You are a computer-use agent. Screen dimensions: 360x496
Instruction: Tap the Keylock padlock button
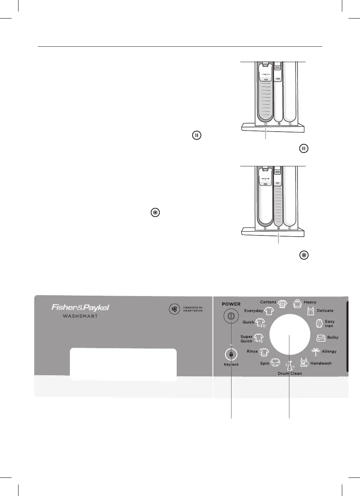pyautogui.click(x=230, y=354)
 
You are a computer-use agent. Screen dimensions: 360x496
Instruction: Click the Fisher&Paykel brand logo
pyautogui.click(x=81, y=308)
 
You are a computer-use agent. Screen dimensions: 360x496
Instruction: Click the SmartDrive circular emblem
pyautogui.click(x=175, y=309)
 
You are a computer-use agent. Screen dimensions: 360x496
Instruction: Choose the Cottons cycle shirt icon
pyautogui.click(x=283, y=303)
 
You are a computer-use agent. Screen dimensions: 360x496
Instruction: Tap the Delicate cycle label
pyautogui.click(x=325, y=310)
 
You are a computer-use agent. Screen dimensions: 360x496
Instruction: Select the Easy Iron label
pyautogui.click(x=330, y=323)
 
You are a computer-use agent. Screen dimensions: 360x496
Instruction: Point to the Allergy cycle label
pyautogui.click(x=329, y=351)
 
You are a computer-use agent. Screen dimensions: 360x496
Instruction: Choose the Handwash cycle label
pyautogui.click(x=321, y=363)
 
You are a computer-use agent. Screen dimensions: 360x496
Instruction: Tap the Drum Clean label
pyautogui.click(x=290, y=374)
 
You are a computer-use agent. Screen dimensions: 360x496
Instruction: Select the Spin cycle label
pyautogui.click(x=264, y=363)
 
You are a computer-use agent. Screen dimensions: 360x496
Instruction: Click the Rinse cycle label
pyautogui.click(x=252, y=351)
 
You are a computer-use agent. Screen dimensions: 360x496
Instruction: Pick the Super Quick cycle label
pyautogui.click(x=246, y=339)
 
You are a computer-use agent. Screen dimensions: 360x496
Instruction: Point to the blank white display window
pyautogui.click(x=123, y=365)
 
